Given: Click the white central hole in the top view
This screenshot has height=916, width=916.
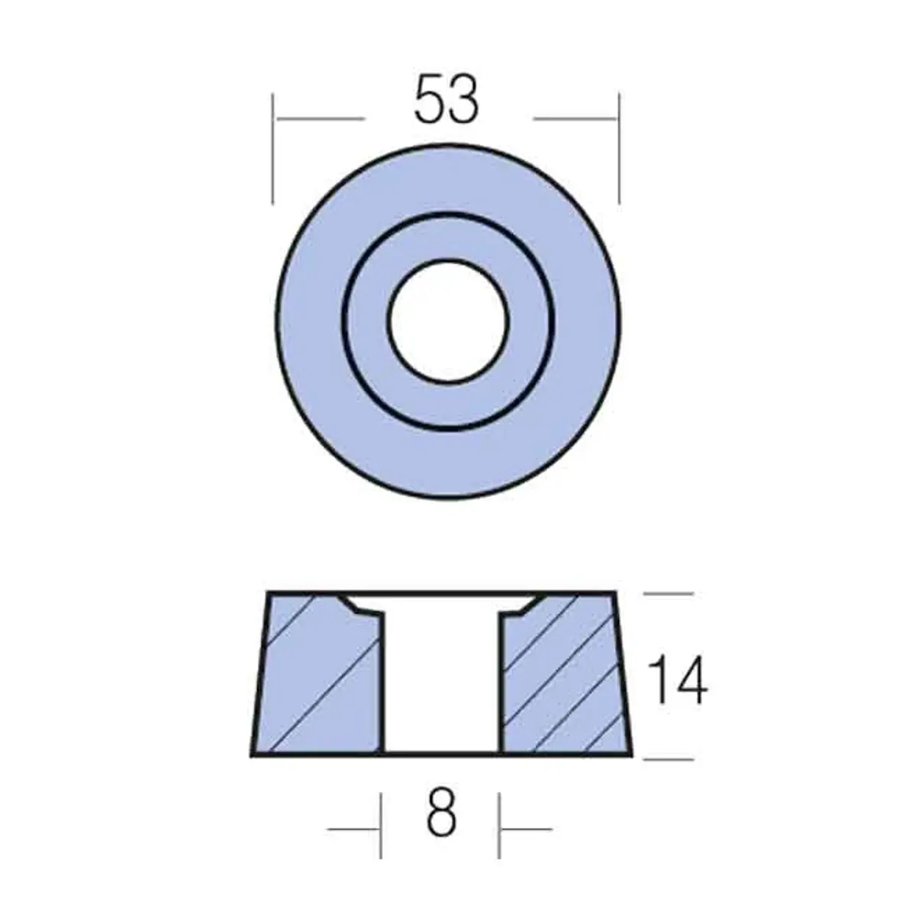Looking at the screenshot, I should [447, 319].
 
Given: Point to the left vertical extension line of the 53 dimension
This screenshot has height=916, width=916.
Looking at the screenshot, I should [273, 149].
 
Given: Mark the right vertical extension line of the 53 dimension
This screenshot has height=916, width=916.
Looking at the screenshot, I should [618, 149].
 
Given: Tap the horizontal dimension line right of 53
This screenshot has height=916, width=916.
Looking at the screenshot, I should [574, 119].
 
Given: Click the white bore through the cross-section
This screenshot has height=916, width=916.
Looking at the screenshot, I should [441, 679].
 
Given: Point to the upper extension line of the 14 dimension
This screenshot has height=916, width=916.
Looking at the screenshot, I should [669, 593].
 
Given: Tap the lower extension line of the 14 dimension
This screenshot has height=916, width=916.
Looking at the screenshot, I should [669, 759].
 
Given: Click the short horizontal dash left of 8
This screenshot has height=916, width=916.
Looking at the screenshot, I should [353, 828].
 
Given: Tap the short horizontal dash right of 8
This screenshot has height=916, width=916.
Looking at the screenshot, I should [526, 828].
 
